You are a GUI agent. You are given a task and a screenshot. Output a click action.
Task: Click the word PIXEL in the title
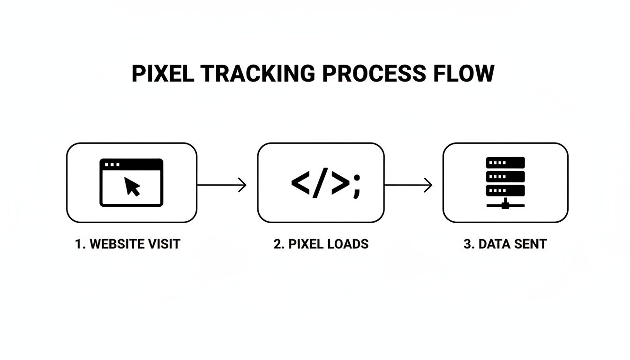pyautogui.click(x=162, y=74)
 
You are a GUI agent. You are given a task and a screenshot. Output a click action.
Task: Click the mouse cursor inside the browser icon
pyautogui.click(x=132, y=187)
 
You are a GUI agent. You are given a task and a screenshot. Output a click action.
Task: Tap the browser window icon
pyautogui.click(x=131, y=182)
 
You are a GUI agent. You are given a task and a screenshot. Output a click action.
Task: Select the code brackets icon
pyautogui.click(x=320, y=183)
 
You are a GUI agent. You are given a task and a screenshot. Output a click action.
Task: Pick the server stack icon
pyautogui.click(x=505, y=183)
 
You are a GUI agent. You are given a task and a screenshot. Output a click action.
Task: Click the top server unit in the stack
pyautogui.click(x=505, y=163)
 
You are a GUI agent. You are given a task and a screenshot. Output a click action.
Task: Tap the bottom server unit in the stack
pyautogui.click(x=505, y=190)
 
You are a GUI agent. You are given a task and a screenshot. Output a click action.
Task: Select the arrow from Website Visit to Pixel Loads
pyautogui.click(x=222, y=185)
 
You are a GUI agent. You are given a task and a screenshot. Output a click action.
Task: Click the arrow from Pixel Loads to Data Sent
pyautogui.click(x=408, y=185)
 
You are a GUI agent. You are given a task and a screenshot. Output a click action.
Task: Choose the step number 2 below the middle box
pyautogui.click(x=277, y=244)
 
